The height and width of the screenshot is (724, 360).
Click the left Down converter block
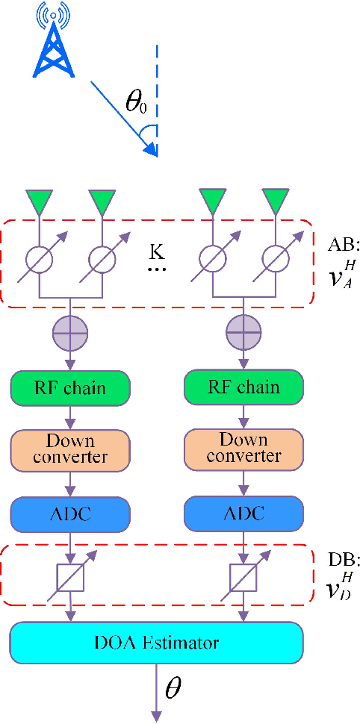coord(70,448)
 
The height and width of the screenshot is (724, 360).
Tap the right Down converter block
coord(243,448)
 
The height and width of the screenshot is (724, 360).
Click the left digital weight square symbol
coord(70,575)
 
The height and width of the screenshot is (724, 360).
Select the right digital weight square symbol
coord(243,575)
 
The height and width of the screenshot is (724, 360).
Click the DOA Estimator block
coord(157,641)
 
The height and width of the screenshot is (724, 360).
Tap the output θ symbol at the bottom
coord(173,688)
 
